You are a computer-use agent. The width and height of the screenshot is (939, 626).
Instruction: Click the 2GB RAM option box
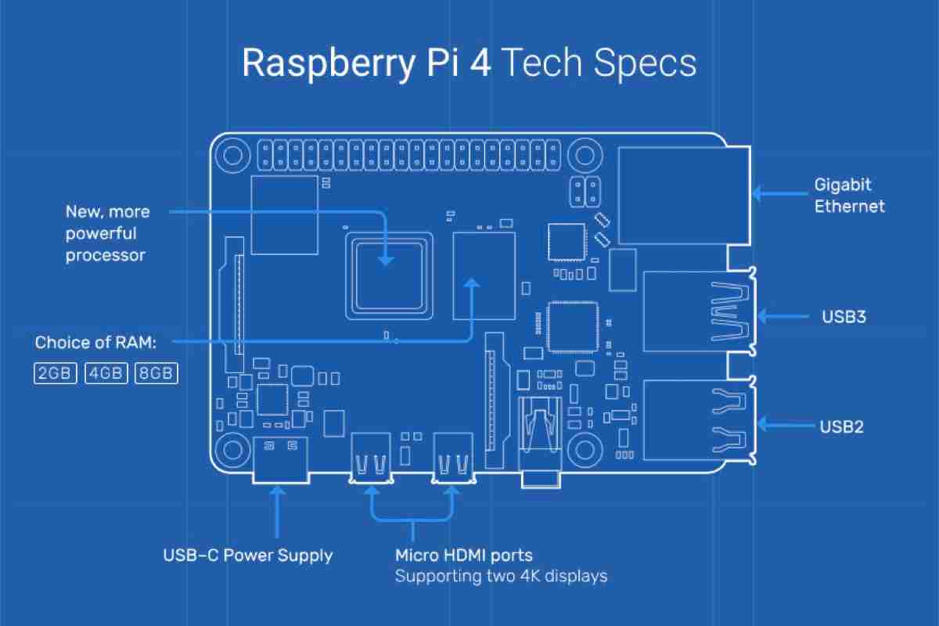pyautogui.click(x=55, y=372)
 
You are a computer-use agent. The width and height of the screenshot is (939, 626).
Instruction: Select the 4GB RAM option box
pyautogui.click(x=106, y=372)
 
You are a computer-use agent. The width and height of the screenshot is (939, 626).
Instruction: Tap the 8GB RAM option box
pyautogui.click(x=156, y=372)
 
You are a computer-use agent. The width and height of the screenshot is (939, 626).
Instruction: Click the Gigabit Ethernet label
pyautogui.click(x=849, y=196)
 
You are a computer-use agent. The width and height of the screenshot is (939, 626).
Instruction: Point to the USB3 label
pyautogui.click(x=843, y=317)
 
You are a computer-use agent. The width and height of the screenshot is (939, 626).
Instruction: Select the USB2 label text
pyautogui.click(x=841, y=426)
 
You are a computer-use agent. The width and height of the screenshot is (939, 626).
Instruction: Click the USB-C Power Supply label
pyautogui.click(x=247, y=556)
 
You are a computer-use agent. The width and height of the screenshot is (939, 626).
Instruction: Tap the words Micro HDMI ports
pyautogui.click(x=463, y=556)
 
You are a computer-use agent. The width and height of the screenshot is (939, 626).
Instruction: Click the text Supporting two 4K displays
pyautogui.click(x=501, y=577)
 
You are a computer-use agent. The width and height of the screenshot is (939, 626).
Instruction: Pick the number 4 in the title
pyautogui.click(x=480, y=63)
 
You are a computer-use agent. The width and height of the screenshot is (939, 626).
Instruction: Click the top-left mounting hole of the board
pyautogui.click(x=232, y=154)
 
